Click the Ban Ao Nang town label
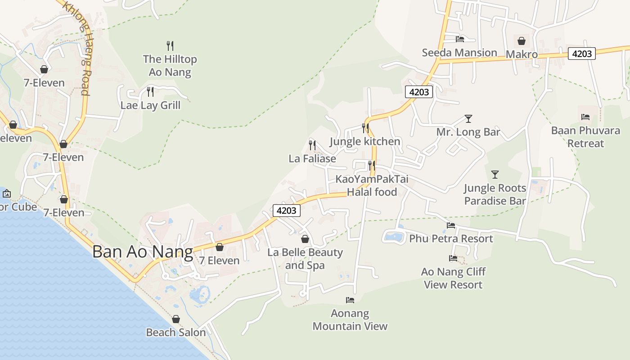click(143, 252)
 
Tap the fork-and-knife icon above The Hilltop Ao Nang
click(170, 45)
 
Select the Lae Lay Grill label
click(150, 105)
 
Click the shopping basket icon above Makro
click(522, 41)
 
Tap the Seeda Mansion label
click(459, 53)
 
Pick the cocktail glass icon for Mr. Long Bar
click(468, 119)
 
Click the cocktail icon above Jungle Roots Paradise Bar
click(495, 175)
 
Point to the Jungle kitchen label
click(365, 141)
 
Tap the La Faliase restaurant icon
click(312, 145)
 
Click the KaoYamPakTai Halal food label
click(372, 185)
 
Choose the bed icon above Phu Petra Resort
click(451, 225)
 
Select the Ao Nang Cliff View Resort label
click(453, 278)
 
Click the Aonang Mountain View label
click(350, 319)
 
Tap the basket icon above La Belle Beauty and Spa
click(305, 239)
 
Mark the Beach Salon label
click(176, 333)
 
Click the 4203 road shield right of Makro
click(581, 54)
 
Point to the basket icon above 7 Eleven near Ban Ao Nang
click(220, 247)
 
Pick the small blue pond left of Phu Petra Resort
click(394, 236)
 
